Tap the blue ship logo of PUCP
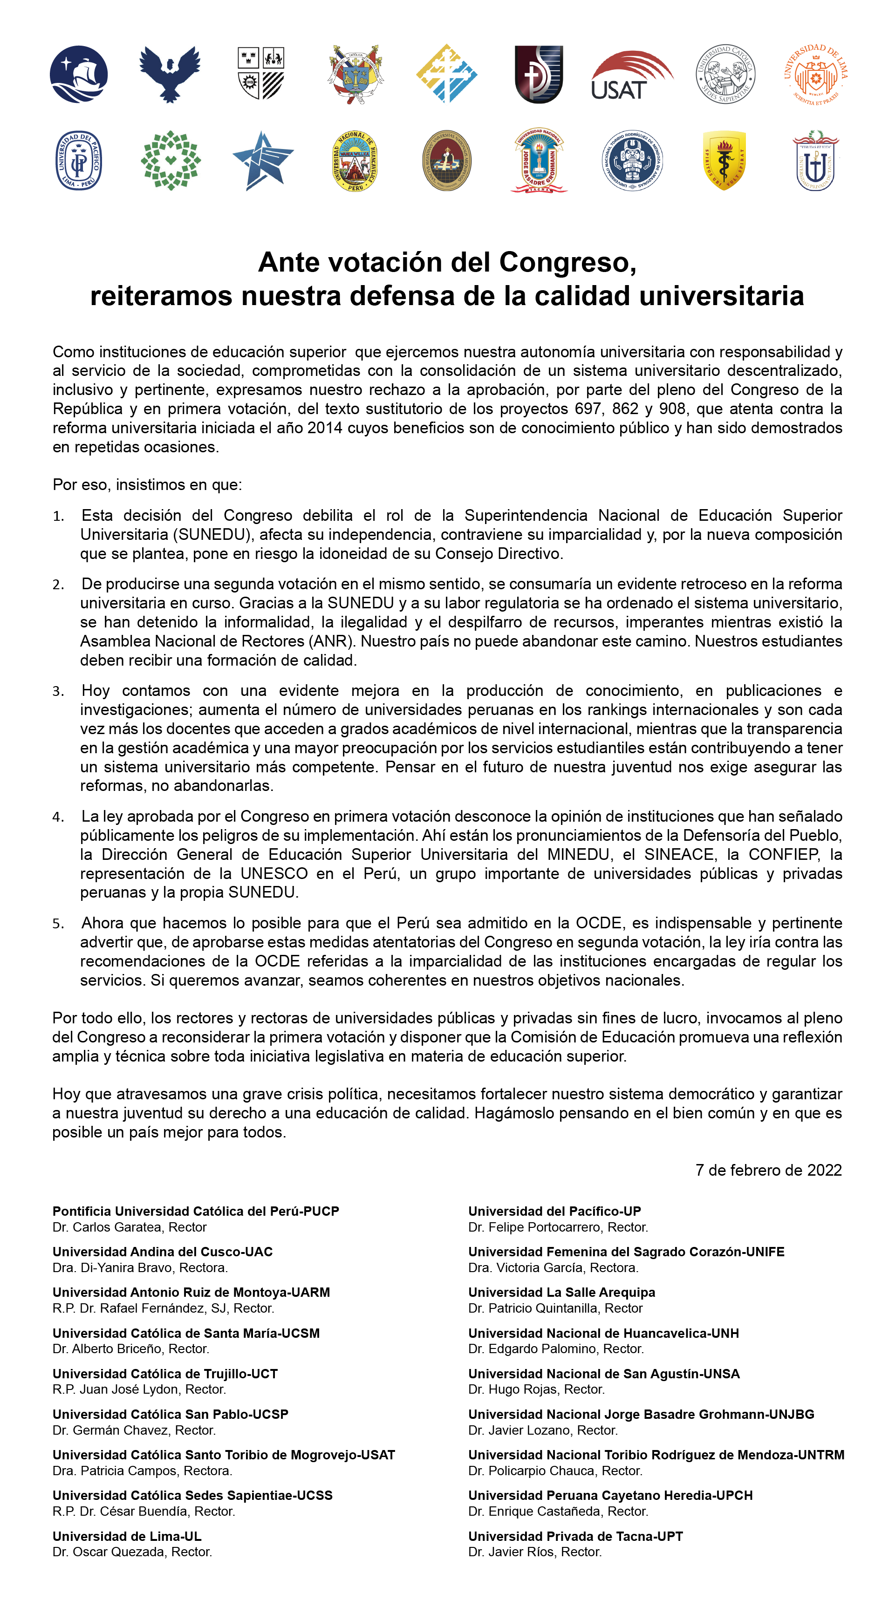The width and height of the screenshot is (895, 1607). pos(79,74)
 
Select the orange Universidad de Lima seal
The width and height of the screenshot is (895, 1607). pos(816,74)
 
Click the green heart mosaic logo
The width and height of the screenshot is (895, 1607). pos(171,160)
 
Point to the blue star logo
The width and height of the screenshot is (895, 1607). pos(262,160)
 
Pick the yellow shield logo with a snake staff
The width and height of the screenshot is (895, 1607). pos(724,160)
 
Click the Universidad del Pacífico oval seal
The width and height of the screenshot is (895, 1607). pos(79,160)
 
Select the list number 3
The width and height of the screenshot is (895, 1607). pos(58,691)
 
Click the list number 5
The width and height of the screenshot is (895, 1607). pos(58,923)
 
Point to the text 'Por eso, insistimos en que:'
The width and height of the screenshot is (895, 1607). pos(147,485)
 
